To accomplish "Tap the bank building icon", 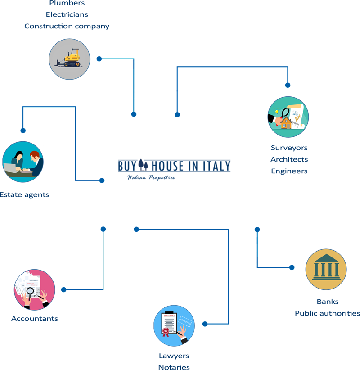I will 326,269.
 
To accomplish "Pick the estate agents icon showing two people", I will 23,162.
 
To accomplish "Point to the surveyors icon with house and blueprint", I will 288,117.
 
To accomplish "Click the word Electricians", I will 67,14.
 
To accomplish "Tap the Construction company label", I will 67,26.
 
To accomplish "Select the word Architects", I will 289,159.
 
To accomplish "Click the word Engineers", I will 289,171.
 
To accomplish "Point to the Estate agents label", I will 24,195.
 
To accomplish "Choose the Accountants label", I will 34,319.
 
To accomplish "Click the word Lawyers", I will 174,356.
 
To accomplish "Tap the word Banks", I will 327,302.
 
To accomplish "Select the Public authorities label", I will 327,313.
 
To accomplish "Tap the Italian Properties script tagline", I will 151,177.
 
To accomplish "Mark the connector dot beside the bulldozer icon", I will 99,59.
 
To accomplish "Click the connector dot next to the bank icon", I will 292,267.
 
